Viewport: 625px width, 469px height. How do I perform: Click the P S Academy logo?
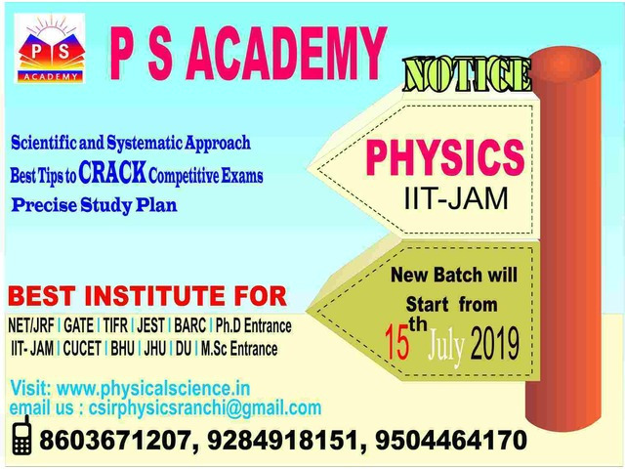[x=50, y=48]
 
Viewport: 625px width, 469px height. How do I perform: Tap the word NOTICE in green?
[x=467, y=74]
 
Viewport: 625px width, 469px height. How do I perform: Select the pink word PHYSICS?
[x=445, y=157]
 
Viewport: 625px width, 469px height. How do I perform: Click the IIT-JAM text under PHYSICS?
[x=456, y=198]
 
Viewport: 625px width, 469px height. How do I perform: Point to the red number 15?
[x=397, y=341]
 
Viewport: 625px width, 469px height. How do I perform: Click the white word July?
[x=446, y=346]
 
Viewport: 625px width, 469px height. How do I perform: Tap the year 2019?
[x=495, y=343]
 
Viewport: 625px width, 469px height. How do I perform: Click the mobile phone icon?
[x=21, y=435]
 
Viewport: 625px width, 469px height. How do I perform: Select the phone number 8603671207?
[x=114, y=441]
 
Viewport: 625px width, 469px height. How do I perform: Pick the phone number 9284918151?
[x=282, y=441]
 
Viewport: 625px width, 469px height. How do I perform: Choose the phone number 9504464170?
[x=451, y=441]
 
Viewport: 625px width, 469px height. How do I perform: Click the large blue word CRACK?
[x=112, y=173]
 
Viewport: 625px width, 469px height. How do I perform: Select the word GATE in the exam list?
[x=78, y=325]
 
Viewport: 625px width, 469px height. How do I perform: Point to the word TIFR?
[x=115, y=325]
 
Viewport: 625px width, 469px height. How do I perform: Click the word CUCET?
[x=82, y=349]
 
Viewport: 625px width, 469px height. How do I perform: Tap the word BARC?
[x=189, y=325]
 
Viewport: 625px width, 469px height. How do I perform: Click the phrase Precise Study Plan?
[x=95, y=205]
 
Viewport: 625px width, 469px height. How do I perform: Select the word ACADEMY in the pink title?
[x=286, y=54]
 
